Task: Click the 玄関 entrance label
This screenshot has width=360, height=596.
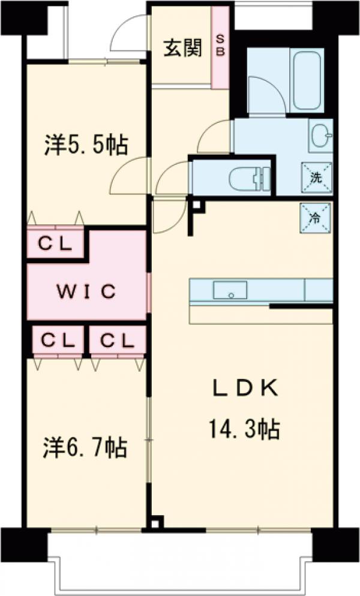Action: pyautogui.click(x=182, y=49)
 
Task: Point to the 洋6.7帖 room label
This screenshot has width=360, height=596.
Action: pyautogui.click(x=85, y=447)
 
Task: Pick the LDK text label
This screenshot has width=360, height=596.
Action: pyautogui.click(x=243, y=389)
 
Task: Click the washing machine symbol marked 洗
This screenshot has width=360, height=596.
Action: pyautogui.click(x=316, y=177)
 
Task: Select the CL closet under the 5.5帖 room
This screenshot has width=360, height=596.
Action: pyautogui.click(x=56, y=244)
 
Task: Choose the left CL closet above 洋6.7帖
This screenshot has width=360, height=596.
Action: pyautogui.click(x=58, y=341)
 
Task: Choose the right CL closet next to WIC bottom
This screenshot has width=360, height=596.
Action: pyautogui.click(x=117, y=341)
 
